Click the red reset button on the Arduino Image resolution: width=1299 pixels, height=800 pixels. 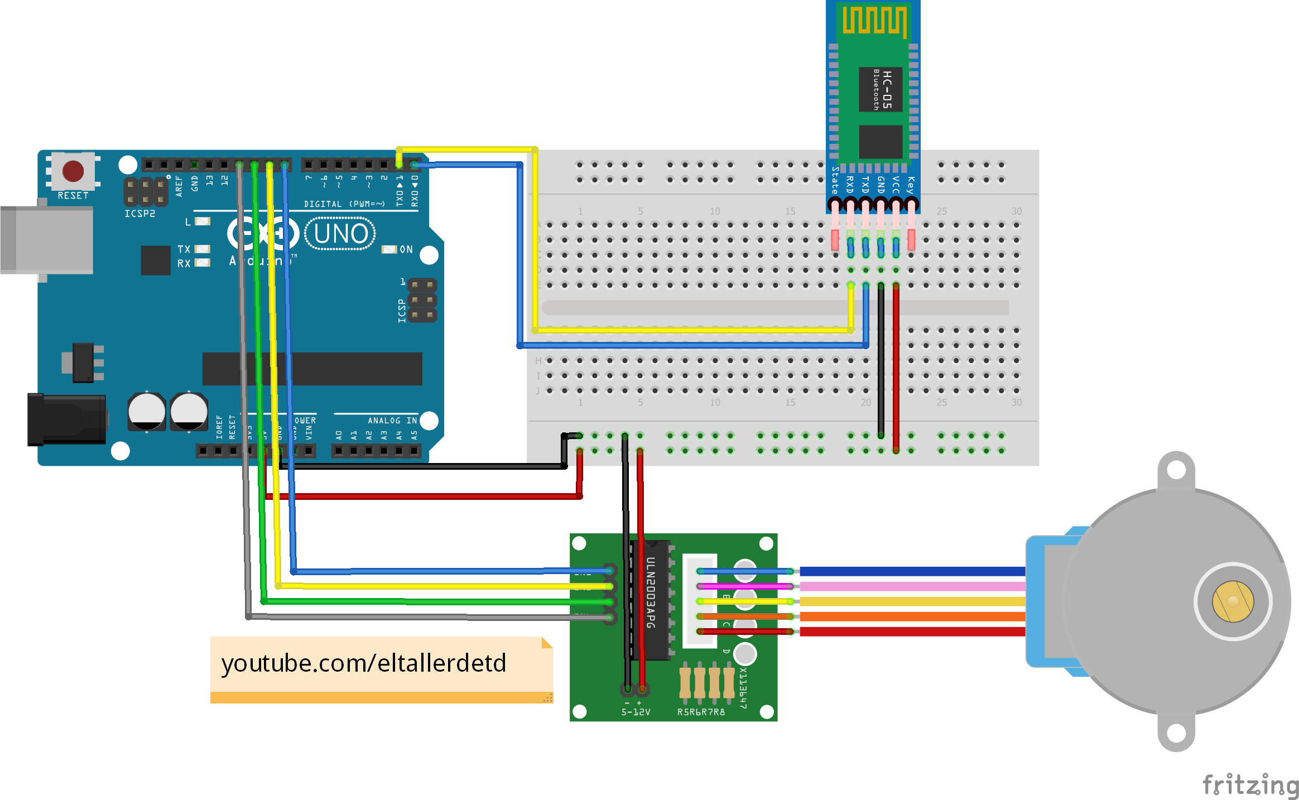(73, 171)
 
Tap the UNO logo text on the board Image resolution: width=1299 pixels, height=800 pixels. (340, 234)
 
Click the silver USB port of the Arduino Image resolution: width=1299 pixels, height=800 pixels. (47, 240)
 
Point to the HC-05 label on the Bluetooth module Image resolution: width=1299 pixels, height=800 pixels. (887, 89)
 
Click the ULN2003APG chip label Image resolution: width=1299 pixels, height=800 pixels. (651, 592)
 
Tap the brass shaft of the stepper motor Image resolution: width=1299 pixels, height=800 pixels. (1233, 601)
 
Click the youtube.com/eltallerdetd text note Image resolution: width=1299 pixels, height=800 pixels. (364, 663)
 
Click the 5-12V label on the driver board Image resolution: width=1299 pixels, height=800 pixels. (636, 712)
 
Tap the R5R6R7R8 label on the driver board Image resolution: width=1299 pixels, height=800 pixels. (701, 712)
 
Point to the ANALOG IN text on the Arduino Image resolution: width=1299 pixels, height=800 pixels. (392, 421)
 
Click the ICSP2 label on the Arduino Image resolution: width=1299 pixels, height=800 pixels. (139, 214)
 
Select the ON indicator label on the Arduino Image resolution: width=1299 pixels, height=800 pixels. (406, 249)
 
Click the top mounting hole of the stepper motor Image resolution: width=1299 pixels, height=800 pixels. (1176, 470)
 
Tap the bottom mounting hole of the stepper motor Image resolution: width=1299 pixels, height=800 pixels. (1176, 733)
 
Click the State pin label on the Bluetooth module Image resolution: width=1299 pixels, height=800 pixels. (835, 180)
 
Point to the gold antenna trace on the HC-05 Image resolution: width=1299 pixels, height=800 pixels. (874, 20)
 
